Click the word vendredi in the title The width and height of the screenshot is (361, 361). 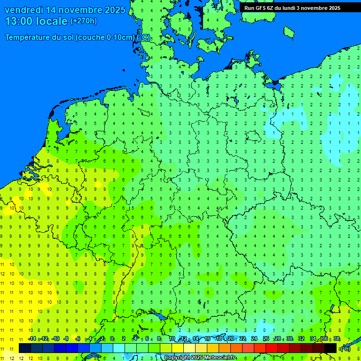coord(24,10)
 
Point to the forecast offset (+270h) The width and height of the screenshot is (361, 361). coord(84,21)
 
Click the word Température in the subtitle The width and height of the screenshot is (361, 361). coord(29,38)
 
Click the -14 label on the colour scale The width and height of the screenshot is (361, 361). coord(31,339)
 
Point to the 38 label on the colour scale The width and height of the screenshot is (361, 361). coord(337,339)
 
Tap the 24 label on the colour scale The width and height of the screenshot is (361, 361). coord(254,339)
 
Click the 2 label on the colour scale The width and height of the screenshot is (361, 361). coord(124,339)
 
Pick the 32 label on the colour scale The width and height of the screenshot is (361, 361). coord(301,339)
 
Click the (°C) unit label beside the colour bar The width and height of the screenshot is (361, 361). coord(345,348)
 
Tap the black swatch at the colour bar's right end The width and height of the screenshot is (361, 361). coord(330,348)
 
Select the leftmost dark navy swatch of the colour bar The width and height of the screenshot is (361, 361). coord(25,348)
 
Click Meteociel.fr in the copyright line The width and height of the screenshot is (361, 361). coord(220,358)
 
